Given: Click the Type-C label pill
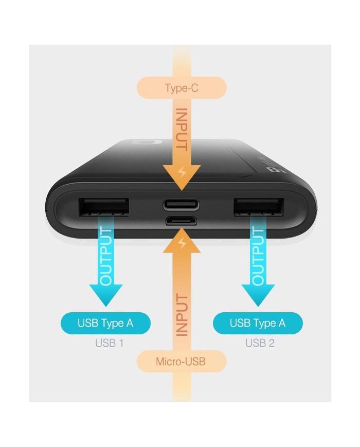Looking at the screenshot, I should coord(182,88).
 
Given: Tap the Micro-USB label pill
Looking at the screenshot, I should coord(181,362).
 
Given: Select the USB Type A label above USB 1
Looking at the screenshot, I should coord(105,324).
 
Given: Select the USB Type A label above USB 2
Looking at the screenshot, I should coord(258,324).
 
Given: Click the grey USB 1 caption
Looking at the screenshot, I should coord(109,343).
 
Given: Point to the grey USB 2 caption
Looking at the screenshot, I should coord(260,343).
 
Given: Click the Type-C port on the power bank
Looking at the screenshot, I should coord(181,205).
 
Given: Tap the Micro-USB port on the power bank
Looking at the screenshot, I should coord(181,221).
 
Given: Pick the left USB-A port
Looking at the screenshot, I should coord(103,207).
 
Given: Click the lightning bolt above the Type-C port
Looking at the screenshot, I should coord(181,172).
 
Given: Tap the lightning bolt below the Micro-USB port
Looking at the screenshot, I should coord(181,243).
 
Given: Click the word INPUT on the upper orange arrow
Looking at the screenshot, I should coord(181,129).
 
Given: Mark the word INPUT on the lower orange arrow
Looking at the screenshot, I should coord(181,315).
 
